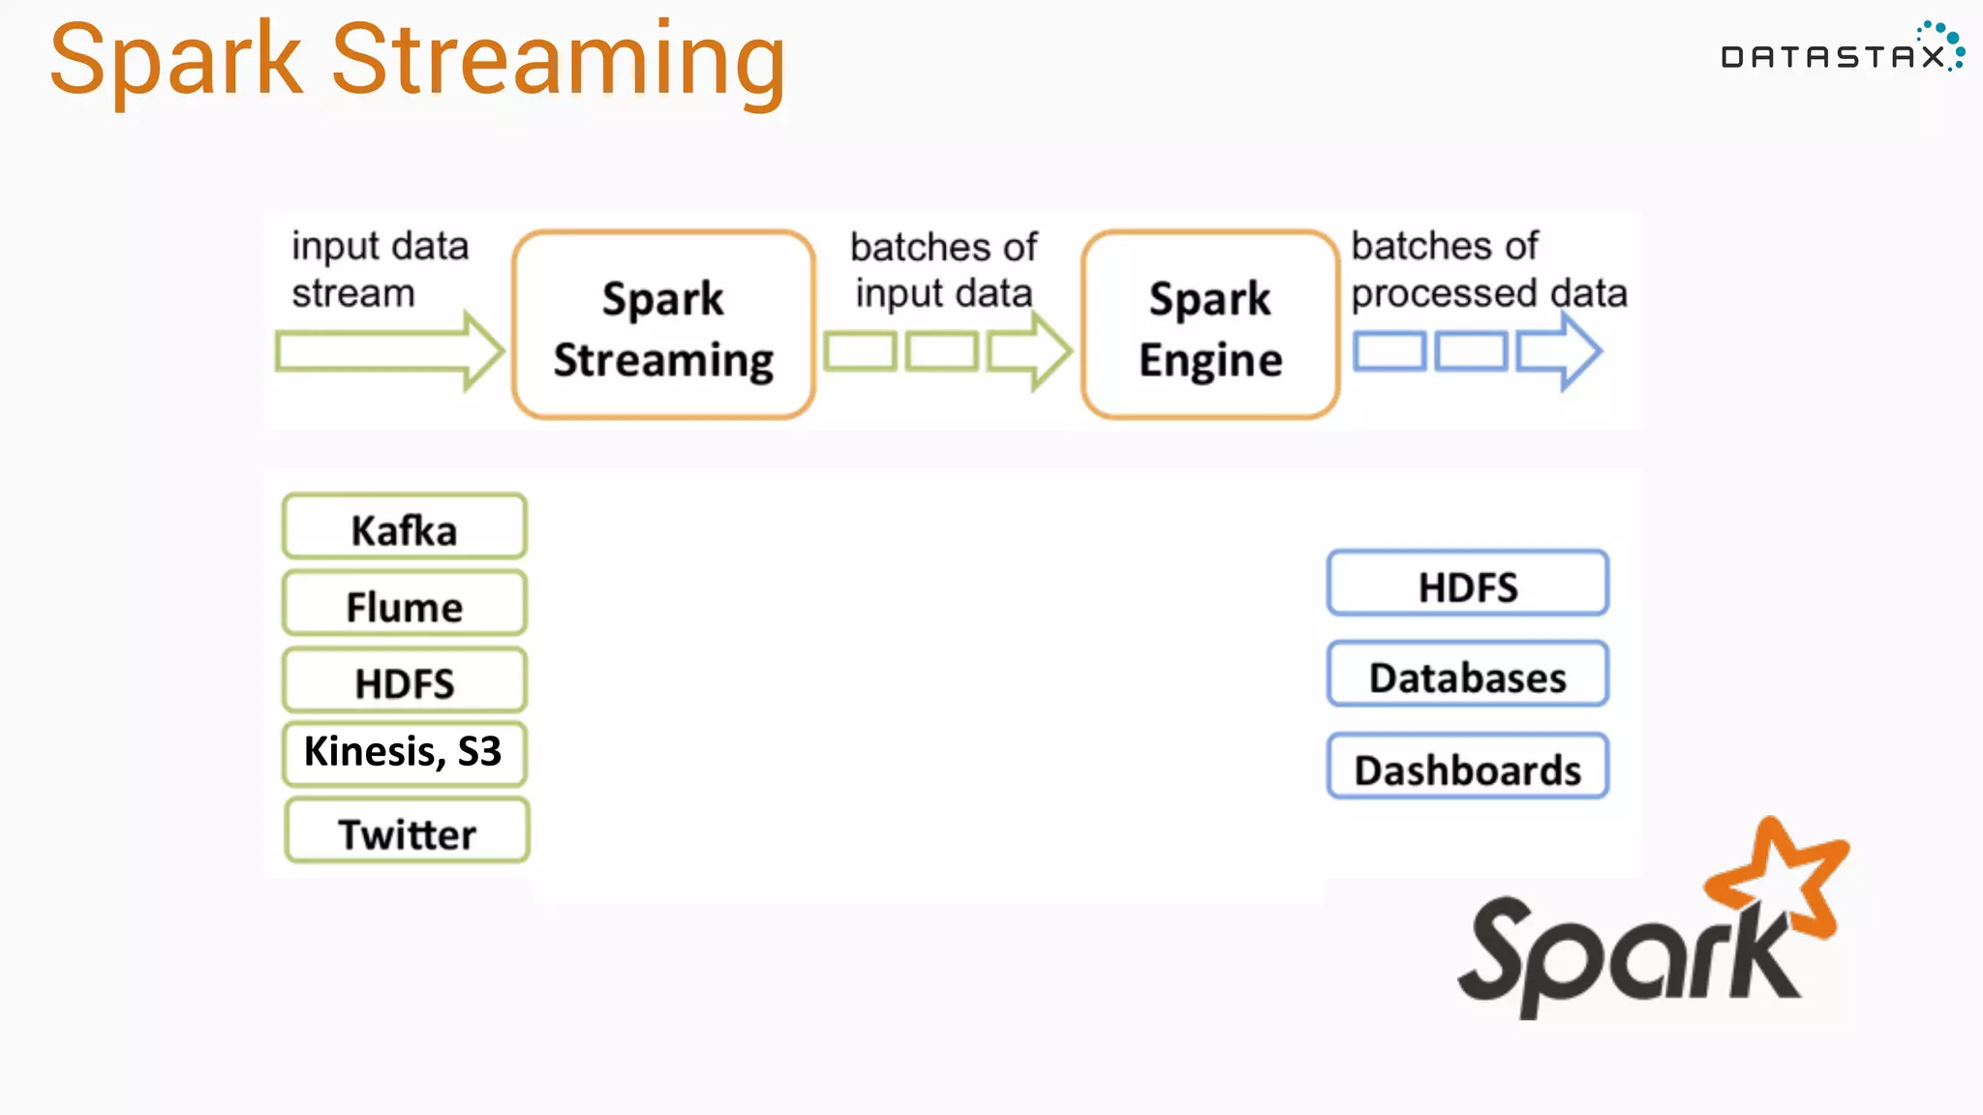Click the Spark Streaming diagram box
663,325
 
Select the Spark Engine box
1210,325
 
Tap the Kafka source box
405,527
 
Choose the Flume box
405,605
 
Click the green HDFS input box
405,681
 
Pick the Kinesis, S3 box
405,753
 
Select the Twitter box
407,831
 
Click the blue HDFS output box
1467,585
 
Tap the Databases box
1467,676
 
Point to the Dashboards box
1467,768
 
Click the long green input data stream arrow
387,351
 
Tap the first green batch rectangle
860,351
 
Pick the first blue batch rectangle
1388,351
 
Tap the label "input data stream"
380,269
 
